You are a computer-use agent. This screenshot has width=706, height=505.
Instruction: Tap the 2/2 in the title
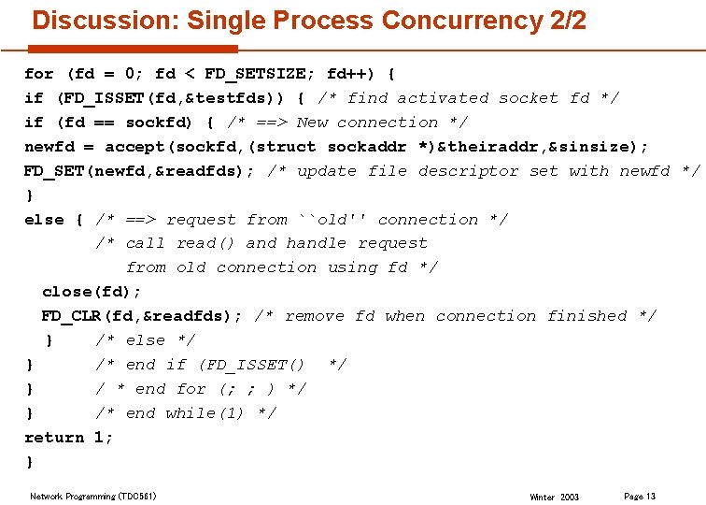point(569,20)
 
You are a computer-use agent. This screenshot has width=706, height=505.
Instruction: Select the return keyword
point(54,438)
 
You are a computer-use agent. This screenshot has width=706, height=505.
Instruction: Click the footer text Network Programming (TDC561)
point(93,496)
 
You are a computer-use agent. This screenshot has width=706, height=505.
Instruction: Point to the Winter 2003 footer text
point(554,497)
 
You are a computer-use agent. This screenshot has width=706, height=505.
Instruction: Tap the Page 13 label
point(640,496)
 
